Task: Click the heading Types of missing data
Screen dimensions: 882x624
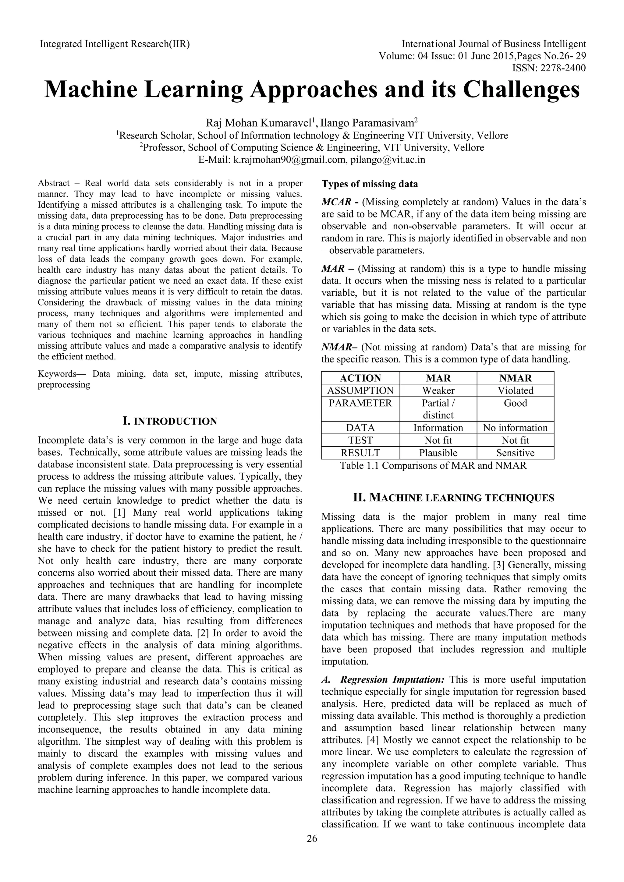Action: pyautogui.click(x=370, y=184)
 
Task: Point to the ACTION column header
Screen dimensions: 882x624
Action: pyautogui.click(x=360, y=378)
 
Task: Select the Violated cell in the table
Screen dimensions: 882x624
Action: pyautogui.click(x=515, y=391)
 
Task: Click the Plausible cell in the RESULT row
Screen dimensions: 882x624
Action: pyautogui.click(x=438, y=453)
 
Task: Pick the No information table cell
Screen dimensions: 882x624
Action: pyautogui.click(x=515, y=428)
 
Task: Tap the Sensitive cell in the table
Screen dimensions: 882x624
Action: pyautogui.click(x=515, y=453)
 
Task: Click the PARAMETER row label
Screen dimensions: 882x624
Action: pyautogui.click(x=360, y=403)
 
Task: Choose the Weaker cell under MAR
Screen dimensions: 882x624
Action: pyautogui.click(x=438, y=391)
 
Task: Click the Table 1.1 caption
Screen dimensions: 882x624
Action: pyautogui.click(x=433, y=466)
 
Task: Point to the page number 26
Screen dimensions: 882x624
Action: pyautogui.click(x=312, y=850)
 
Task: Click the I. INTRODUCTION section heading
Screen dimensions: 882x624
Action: pyautogui.click(x=170, y=422)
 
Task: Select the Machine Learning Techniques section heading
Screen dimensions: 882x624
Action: pyautogui.click(x=453, y=498)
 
